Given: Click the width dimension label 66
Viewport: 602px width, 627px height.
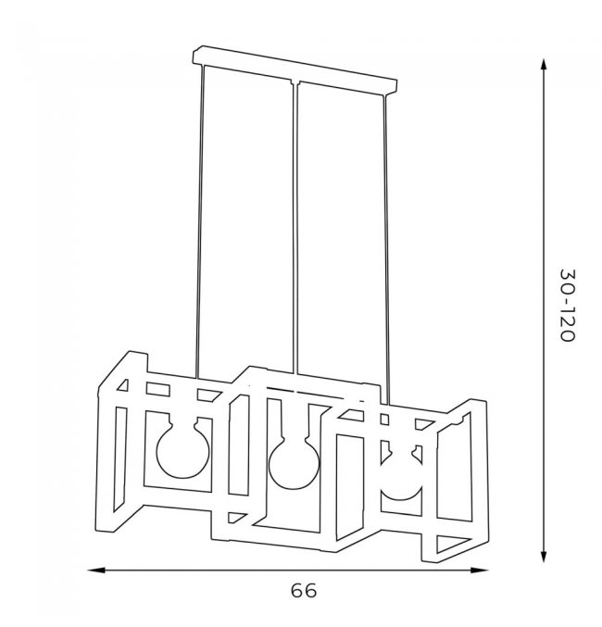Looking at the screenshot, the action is [304, 591].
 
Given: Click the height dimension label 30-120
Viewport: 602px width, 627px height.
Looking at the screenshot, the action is [568, 305].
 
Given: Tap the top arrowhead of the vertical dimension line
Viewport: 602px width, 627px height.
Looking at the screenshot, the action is [544, 66].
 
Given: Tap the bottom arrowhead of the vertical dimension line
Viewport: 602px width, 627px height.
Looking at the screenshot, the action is [544, 557].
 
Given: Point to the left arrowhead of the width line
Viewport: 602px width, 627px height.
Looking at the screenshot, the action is [96, 570].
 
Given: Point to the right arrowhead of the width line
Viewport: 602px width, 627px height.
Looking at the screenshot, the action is [479, 570].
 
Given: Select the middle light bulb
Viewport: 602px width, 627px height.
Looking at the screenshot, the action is [294, 463].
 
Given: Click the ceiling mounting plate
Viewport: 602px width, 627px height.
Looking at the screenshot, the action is [295, 70].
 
